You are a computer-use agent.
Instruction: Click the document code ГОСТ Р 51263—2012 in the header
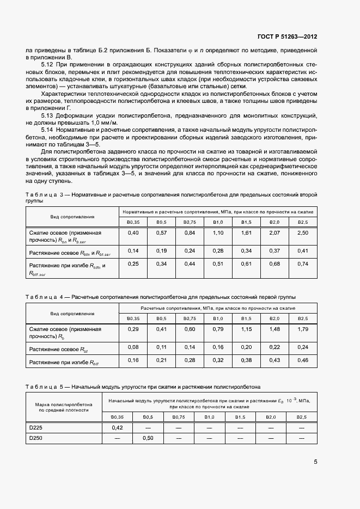[x=286, y=36]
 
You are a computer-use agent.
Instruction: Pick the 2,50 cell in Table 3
[x=302, y=233]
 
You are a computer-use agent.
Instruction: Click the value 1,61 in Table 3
[x=246, y=233]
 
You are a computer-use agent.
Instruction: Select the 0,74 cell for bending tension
[x=302, y=264]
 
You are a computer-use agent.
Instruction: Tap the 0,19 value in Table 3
[x=161, y=250]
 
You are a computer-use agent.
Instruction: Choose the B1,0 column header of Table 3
[x=218, y=222]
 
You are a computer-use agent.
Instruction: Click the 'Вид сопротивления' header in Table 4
[x=72, y=314]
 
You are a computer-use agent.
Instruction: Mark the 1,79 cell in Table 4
[x=302, y=329]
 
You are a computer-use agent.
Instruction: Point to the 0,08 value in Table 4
[x=133, y=347]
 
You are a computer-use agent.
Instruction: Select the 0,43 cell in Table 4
[x=274, y=360]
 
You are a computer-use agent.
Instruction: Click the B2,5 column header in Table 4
[x=302, y=319]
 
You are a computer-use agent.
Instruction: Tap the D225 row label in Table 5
[x=36, y=428]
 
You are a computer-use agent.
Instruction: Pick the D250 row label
[x=36, y=438]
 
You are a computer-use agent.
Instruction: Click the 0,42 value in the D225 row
[x=117, y=428]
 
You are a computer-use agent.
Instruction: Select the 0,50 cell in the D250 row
[x=148, y=438]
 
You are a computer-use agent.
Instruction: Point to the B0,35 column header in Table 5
[x=117, y=417]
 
